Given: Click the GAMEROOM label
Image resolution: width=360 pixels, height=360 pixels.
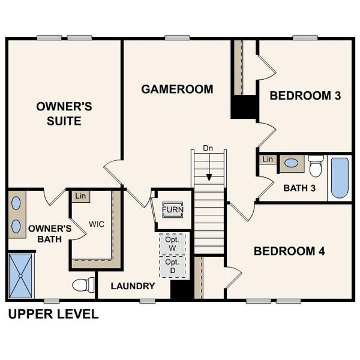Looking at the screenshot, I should [x=177, y=89].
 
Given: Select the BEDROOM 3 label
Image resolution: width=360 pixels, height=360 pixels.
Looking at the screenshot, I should [x=309, y=95].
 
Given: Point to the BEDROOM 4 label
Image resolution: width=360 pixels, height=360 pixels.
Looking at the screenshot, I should [x=289, y=251].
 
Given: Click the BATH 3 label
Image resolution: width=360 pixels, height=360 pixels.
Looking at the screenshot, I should [x=299, y=188].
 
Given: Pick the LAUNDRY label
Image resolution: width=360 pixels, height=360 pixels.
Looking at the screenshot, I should [x=133, y=286].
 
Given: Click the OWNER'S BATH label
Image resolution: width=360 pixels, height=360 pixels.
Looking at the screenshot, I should [x=50, y=233].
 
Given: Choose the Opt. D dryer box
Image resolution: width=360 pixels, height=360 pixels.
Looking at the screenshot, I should [x=172, y=266].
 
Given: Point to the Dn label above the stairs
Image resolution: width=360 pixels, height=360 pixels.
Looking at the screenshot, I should [x=208, y=148].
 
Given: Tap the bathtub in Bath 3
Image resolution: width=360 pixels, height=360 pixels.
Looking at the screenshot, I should [x=339, y=178].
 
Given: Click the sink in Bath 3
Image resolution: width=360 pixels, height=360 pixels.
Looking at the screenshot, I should [x=292, y=163].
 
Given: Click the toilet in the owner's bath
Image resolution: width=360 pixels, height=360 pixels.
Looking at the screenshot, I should [x=83, y=284].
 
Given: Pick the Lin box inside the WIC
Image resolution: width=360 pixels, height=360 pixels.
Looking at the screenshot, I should [x=79, y=196].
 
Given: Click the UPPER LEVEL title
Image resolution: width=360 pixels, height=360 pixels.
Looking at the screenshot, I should [x=52, y=314].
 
